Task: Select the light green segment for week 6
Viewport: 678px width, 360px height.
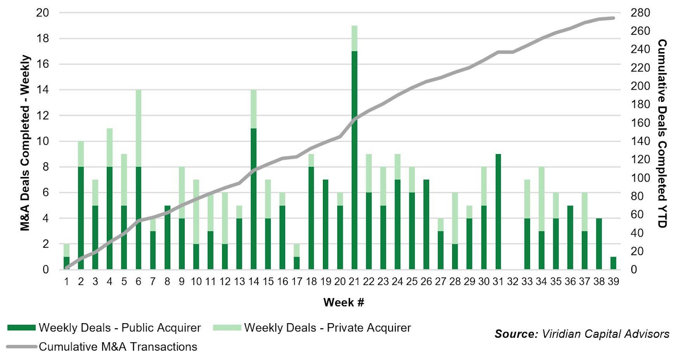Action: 138,128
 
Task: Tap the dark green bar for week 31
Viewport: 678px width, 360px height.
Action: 498,212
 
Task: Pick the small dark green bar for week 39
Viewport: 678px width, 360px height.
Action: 613,263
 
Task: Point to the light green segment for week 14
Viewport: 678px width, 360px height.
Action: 253,109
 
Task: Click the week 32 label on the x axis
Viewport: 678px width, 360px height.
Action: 513,282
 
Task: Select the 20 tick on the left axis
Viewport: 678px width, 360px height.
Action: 42,13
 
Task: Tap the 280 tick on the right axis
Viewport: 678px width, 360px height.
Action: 640,13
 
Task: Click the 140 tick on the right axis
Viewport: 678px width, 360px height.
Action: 640,141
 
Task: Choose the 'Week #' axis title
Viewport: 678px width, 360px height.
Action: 344,302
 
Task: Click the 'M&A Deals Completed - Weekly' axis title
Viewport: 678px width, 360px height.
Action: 25,143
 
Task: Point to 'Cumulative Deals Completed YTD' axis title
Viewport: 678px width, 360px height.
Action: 662,133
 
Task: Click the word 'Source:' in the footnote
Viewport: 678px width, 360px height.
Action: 516,334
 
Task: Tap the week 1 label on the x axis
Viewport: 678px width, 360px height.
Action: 67,282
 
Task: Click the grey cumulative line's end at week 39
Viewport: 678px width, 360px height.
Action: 613,18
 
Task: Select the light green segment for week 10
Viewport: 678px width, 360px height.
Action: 196,212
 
